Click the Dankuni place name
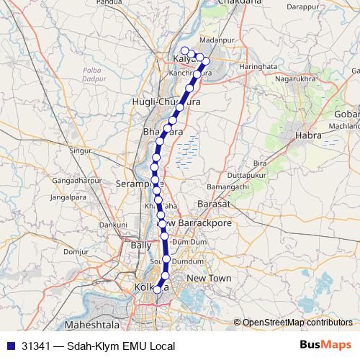[x=113, y=225]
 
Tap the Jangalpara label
[x=70, y=196]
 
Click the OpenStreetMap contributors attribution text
[x=298, y=323]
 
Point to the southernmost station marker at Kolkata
[x=158, y=289]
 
